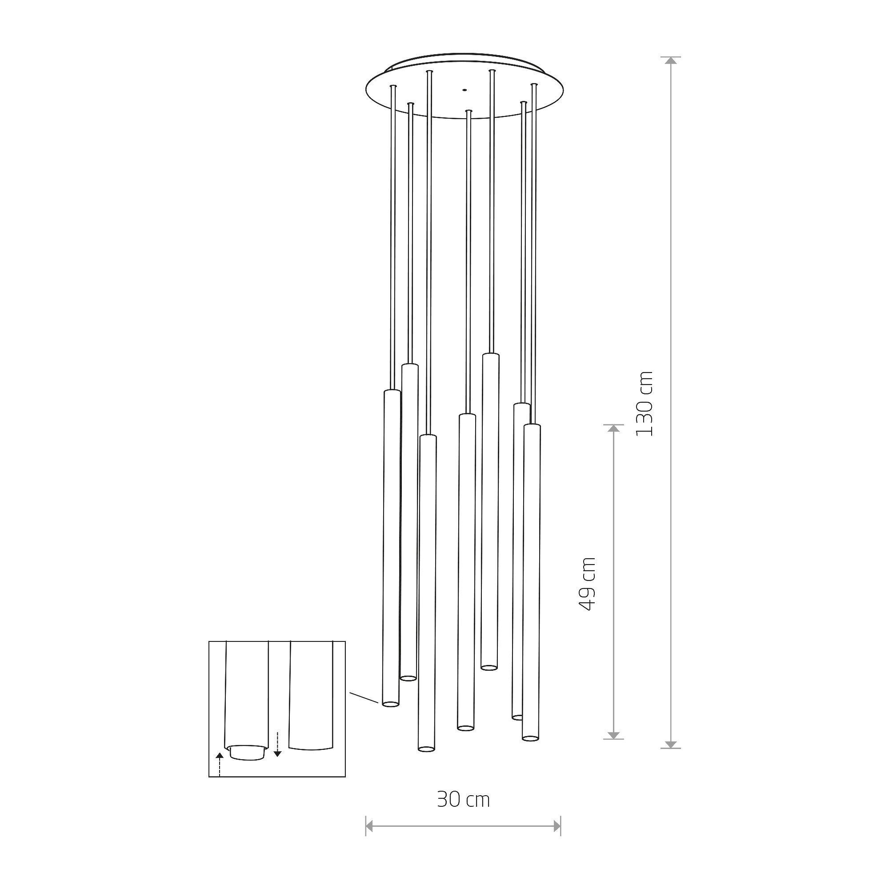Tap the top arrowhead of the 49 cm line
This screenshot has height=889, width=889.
[613, 428]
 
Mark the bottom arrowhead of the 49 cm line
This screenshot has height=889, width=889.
[613, 735]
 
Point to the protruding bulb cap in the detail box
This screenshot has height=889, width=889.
[248, 753]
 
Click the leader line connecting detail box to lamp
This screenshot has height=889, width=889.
[364, 710]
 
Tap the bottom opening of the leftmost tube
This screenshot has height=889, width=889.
[390, 717]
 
